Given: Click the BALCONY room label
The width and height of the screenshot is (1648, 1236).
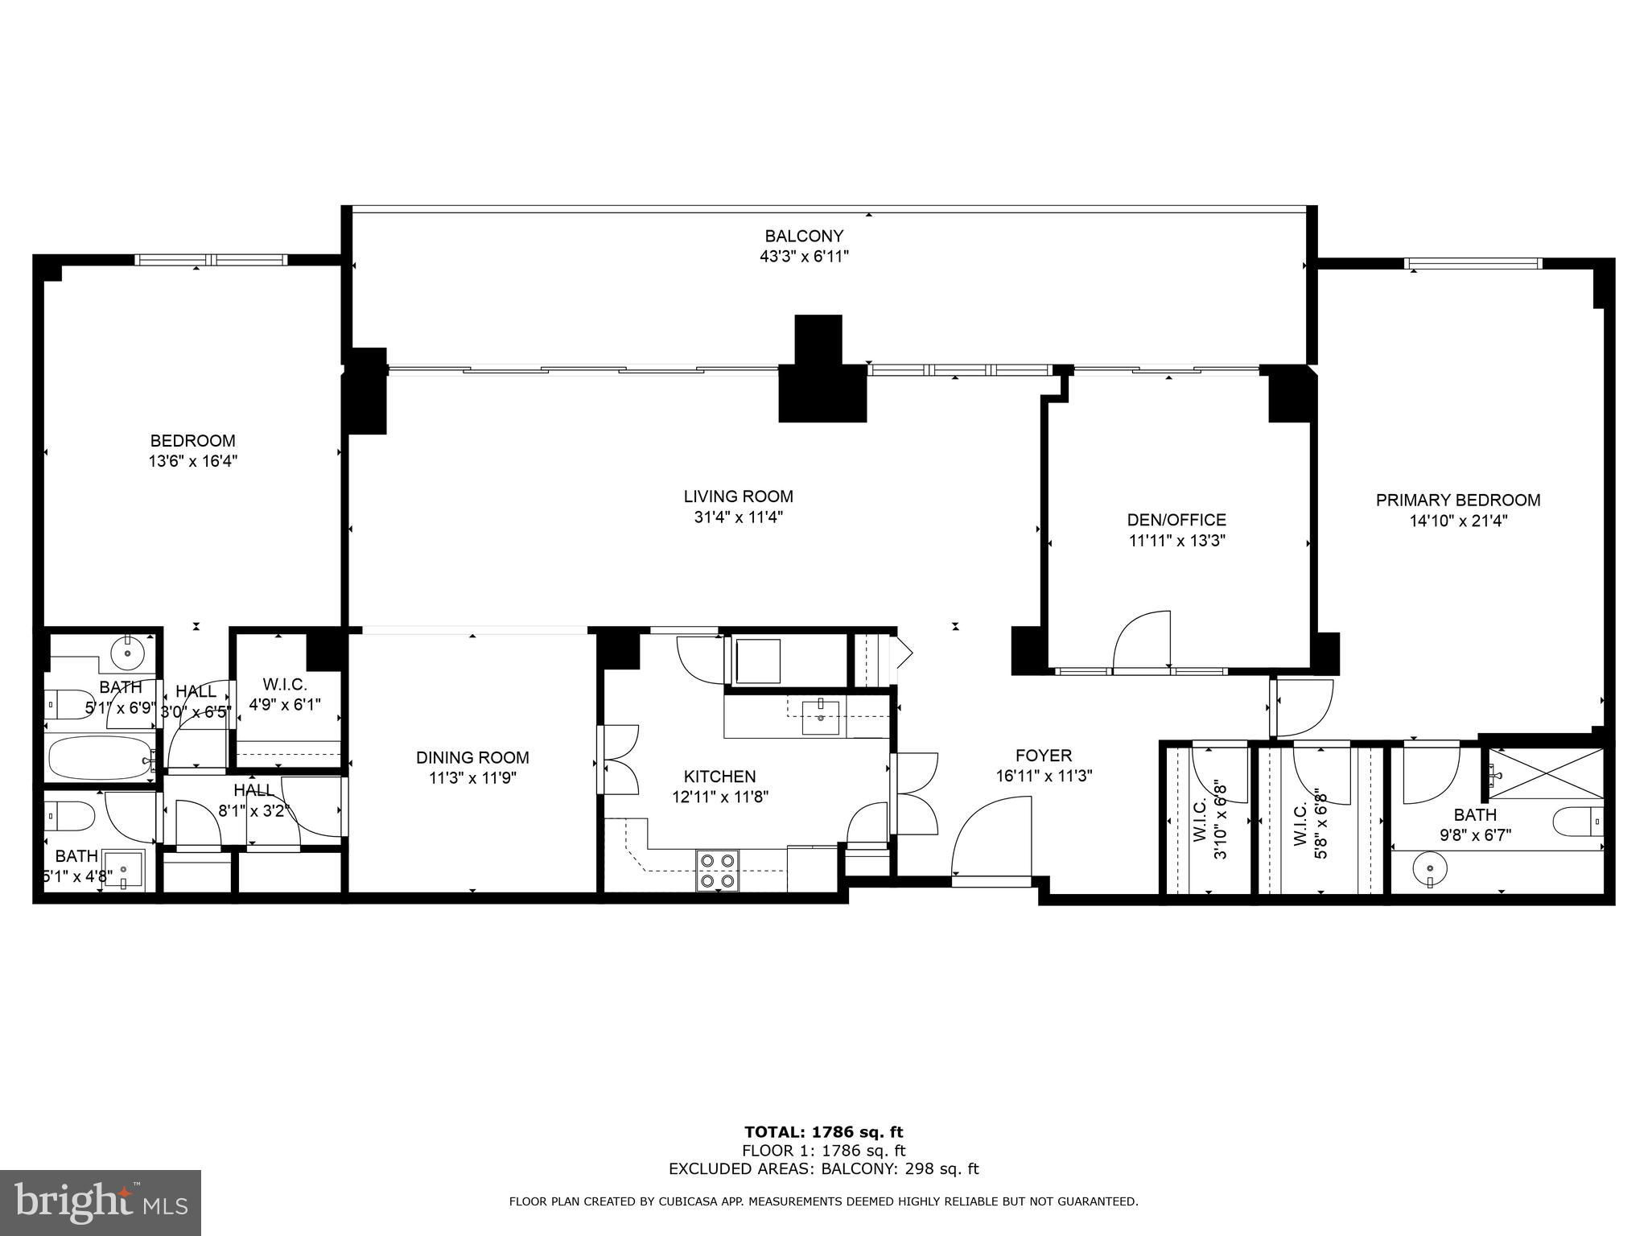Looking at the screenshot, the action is (804, 237).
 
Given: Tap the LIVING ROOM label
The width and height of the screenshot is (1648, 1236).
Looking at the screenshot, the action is (739, 497).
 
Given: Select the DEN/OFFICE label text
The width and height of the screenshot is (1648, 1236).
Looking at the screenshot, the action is (1176, 521).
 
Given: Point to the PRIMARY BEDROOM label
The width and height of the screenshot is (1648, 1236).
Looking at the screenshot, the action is (1458, 501).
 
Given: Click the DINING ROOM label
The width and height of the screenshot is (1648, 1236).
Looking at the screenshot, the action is (472, 758).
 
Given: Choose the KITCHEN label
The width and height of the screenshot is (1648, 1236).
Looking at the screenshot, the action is (720, 777).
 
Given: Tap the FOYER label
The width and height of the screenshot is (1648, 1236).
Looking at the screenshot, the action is (1044, 756).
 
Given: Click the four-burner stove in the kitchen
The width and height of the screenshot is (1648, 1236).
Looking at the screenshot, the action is (718, 871).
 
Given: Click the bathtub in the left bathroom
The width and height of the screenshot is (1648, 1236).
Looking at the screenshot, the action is (101, 757).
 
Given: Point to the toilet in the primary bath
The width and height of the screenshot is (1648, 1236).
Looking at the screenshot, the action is (1577, 822).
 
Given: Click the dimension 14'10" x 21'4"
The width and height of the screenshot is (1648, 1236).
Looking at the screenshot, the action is (1458, 521).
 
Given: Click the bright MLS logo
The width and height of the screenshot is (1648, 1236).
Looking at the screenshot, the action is (101, 1203).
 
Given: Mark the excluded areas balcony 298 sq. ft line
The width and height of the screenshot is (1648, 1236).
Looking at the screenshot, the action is (824, 1169).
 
